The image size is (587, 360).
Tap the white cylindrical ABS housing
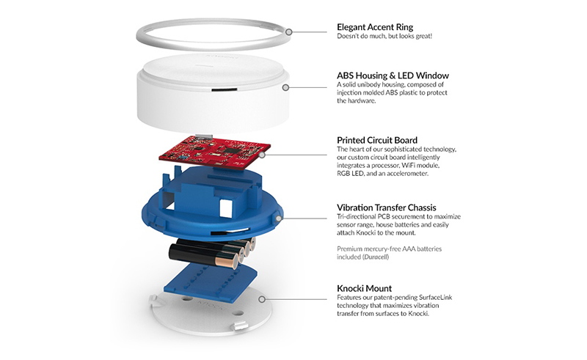click(213, 92)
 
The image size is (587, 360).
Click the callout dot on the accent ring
click(290, 32)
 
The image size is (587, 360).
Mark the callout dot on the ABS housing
click(285, 87)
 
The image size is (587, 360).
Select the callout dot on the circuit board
click(260, 154)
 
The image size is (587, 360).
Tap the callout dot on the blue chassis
click(280, 218)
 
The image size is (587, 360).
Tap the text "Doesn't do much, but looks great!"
click(386, 37)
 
